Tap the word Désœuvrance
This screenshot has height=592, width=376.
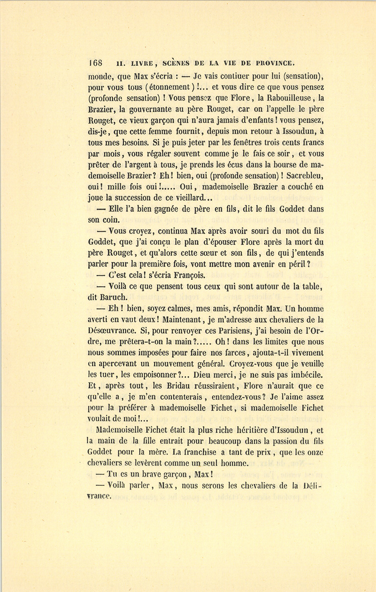(112, 331)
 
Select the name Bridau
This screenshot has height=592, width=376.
(178, 386)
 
